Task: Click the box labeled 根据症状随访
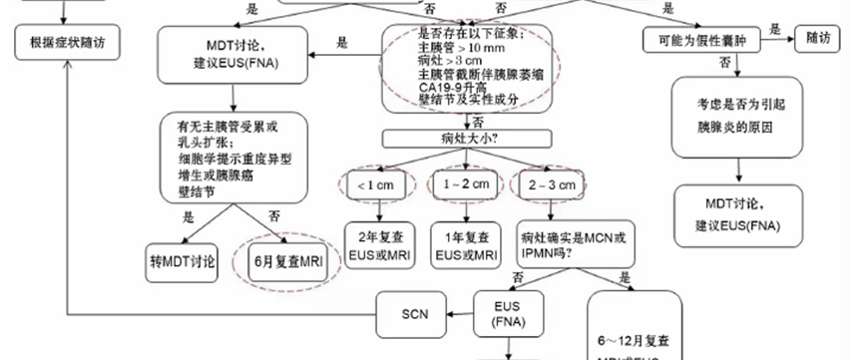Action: click(67, 42)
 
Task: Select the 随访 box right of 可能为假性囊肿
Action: click(819, 39)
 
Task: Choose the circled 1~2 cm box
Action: click(461, 184)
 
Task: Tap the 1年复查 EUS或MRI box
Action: click(466, 246)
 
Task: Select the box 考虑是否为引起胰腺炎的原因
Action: click(734, 116)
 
